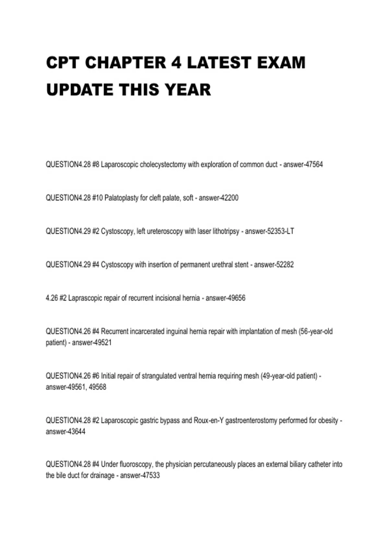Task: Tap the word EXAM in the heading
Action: point(281,63)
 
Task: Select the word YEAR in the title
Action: point(188,90)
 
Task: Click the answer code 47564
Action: point(314,165)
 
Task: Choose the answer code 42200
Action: point(229,198)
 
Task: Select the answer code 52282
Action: point(285,265)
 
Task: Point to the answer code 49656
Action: point(236,298)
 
